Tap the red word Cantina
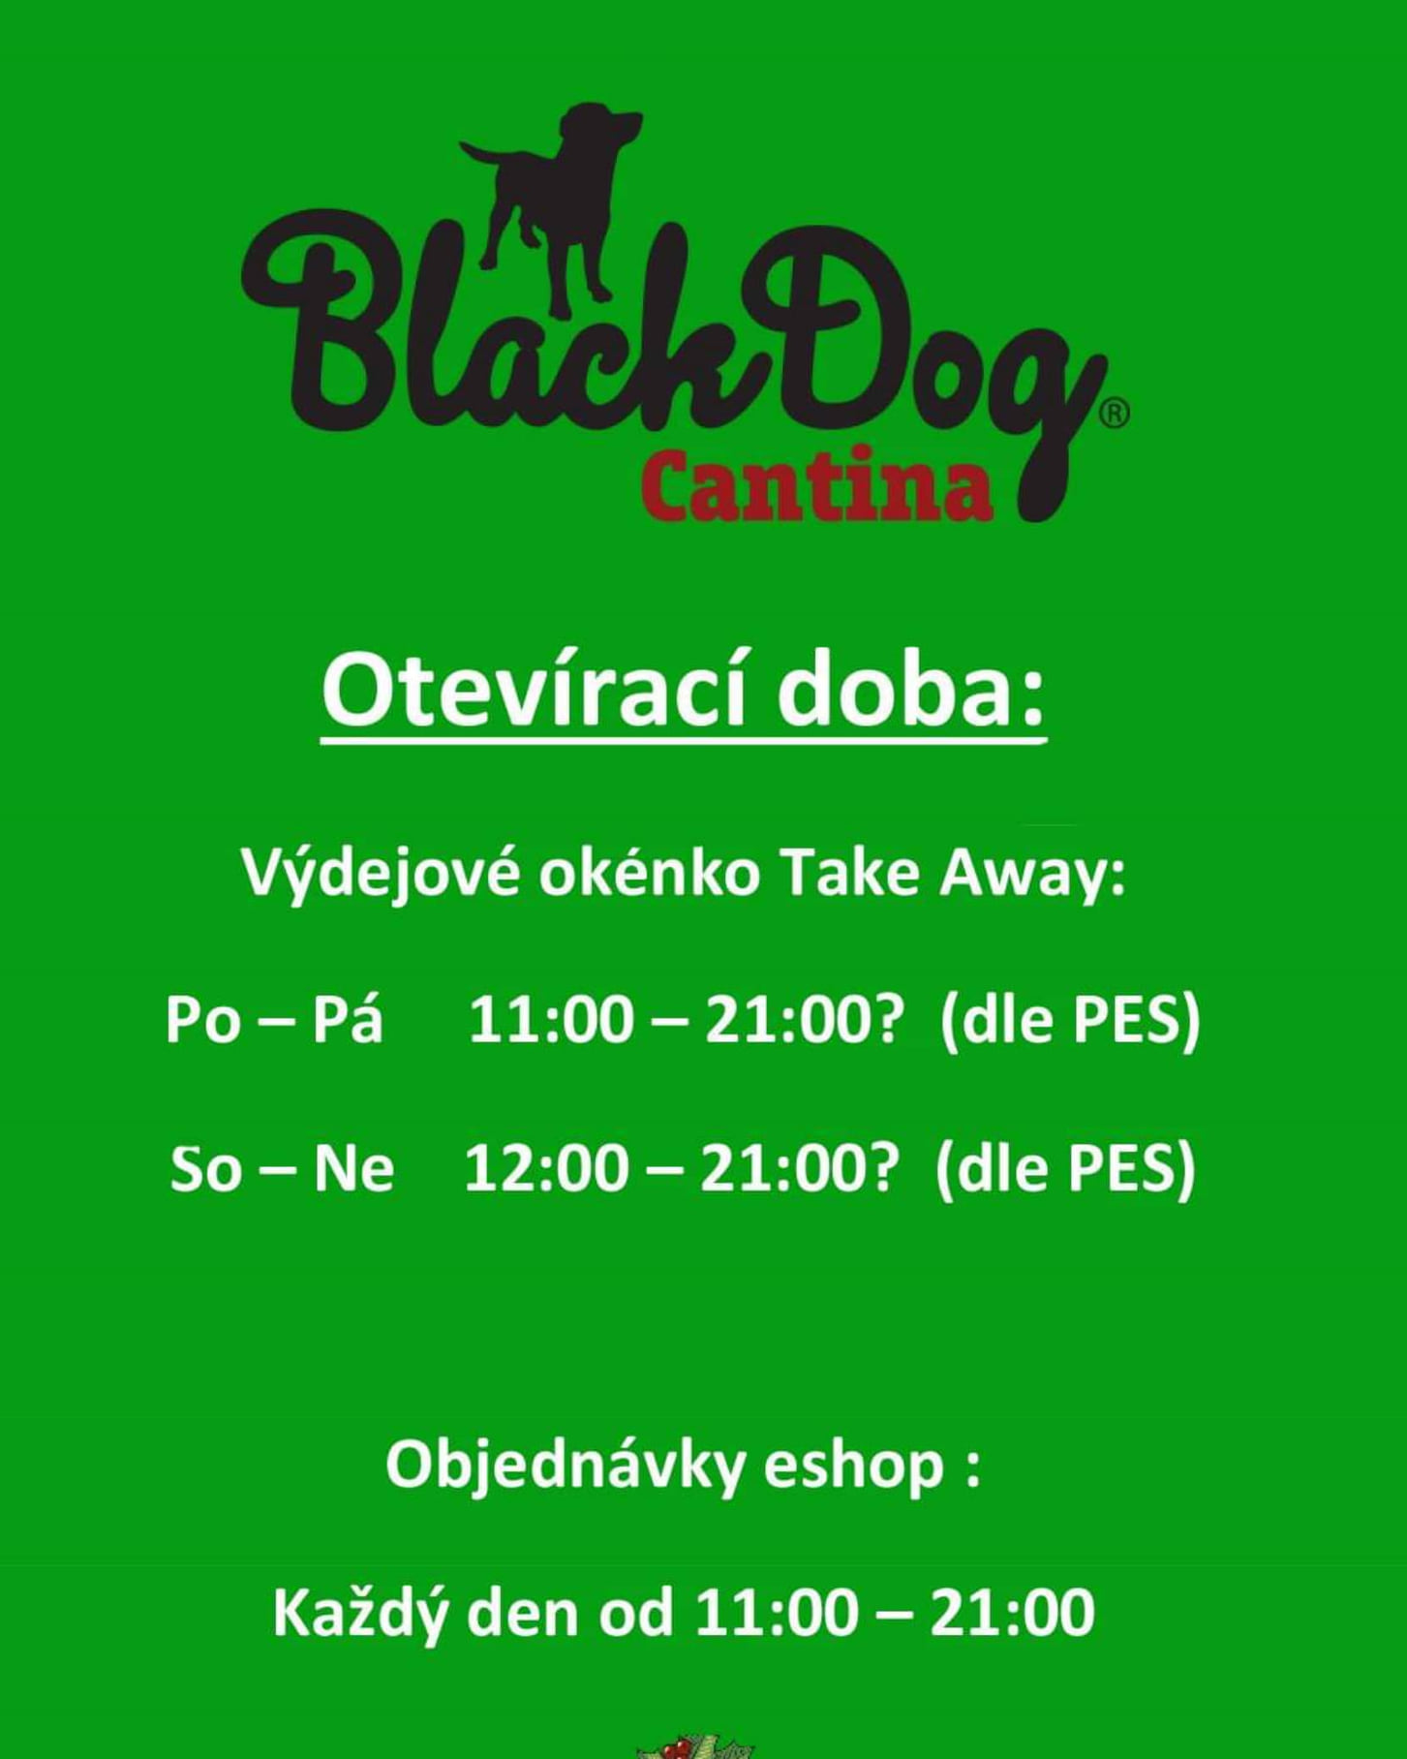(x=817, y=484)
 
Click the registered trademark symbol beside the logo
(x=1115, y=414)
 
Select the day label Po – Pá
(x=274, y=1020)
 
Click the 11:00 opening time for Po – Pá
(x=551, y=1021)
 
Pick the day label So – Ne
(x=282, y=1168)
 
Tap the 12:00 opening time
(x=547, y=1169)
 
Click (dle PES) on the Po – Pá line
(x=1070, y=1023)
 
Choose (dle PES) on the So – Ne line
(x=1066, y=1171)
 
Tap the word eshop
(x=853, y=1466)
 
